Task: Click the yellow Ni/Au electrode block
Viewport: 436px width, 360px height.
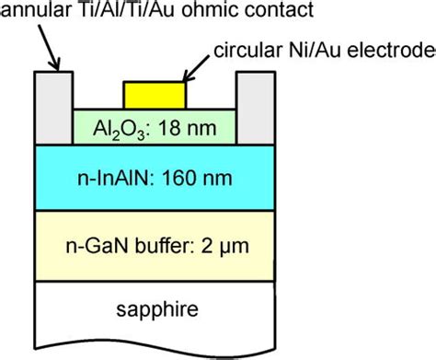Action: (x=154, y=95)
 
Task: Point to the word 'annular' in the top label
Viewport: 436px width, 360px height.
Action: (x=31, y=11)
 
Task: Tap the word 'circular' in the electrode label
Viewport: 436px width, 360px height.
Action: (x=242, y=48)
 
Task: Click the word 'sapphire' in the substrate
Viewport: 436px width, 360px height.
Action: (x=154, y=308)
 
